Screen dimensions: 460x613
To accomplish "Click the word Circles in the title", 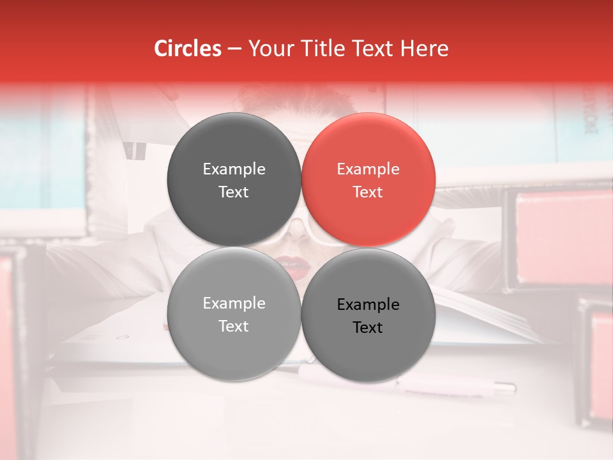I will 188,49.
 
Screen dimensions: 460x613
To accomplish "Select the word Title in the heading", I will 328,49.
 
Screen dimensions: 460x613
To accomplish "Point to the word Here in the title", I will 426,49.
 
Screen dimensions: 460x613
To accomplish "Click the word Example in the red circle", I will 368,169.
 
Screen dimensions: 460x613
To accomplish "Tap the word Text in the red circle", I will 368,192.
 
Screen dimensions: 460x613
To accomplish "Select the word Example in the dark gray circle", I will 234,169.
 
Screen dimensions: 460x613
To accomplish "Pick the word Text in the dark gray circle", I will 234,192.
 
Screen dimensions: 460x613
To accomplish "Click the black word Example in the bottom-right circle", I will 368,305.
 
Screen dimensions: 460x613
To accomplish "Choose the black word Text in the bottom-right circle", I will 368,328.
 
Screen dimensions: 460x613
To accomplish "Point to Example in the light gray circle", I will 234,303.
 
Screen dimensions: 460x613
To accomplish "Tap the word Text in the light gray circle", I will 234,326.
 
